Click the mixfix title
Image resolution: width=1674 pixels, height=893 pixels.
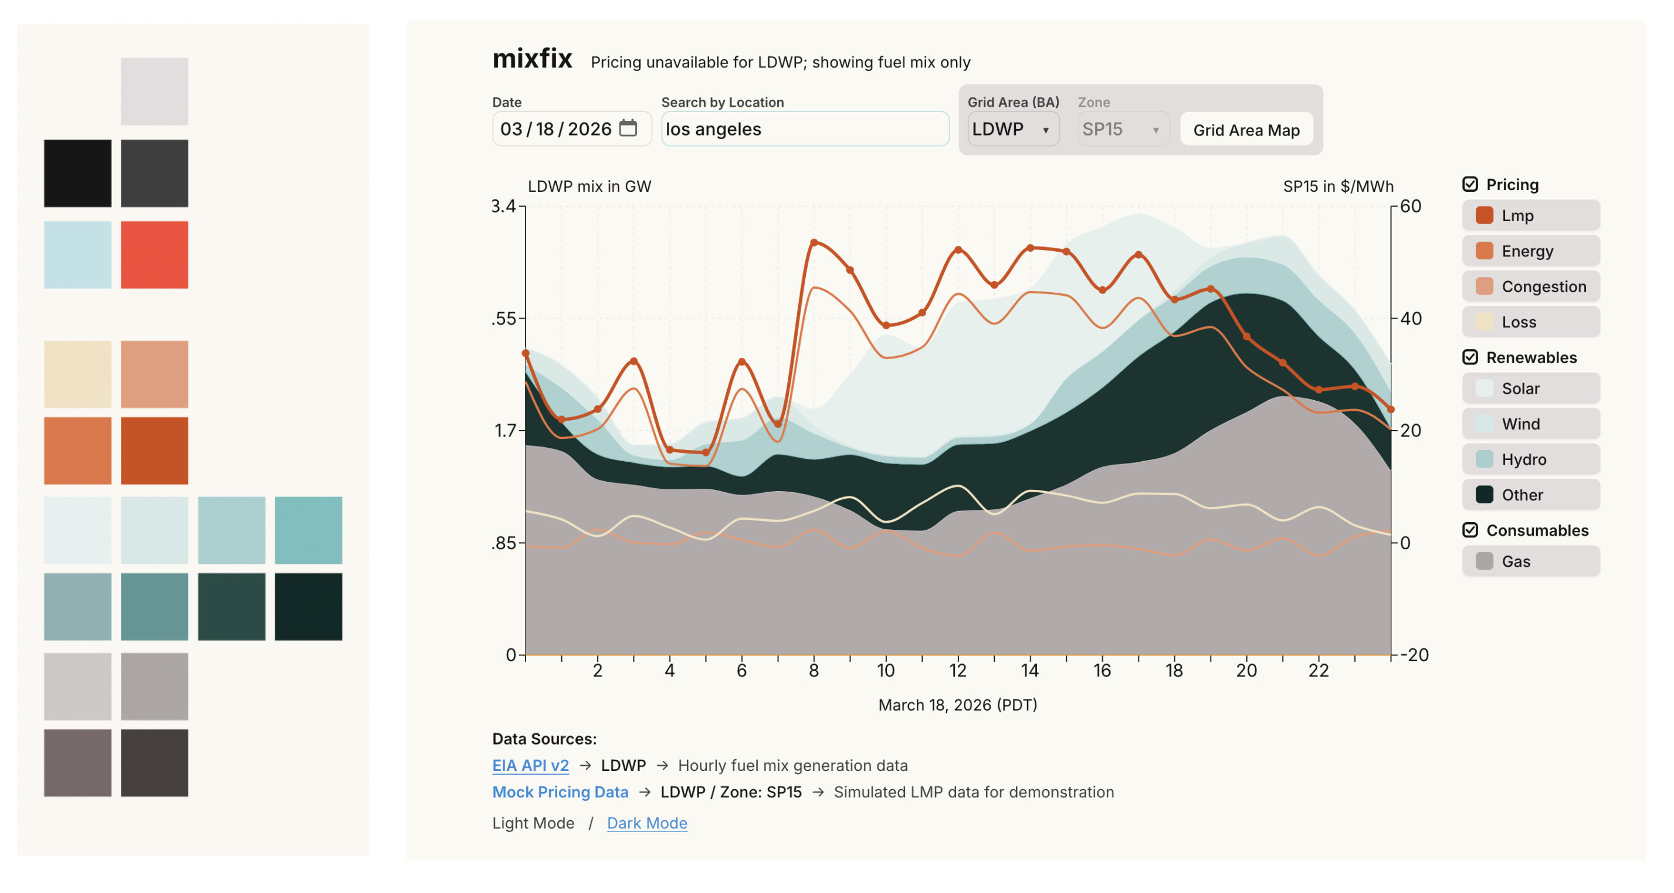(x=532, y=59)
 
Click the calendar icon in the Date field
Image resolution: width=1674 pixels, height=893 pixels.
(x=628, y=128)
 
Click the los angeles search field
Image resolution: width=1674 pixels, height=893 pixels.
(x=805, y=128)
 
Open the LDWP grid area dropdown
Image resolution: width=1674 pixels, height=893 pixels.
(x=1012, y=128)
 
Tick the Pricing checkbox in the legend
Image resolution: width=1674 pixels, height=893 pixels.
(x=1470, y=185)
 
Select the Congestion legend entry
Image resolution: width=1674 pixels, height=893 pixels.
(x=1531, y=287)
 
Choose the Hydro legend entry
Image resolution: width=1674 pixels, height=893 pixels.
(x=1531, y=459)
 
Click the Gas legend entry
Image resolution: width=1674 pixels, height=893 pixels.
(x=1531, y=561)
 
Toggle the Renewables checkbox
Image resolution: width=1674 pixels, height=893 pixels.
(x=1470, y=357)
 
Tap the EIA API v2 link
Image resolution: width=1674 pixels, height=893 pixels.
(x=530, y=766)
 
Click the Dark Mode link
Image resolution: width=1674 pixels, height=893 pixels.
(x=646, y=823)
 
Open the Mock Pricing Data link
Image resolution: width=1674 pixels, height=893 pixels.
(x=560, y=792)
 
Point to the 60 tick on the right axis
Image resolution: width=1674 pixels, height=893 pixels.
(x=1410, y=207)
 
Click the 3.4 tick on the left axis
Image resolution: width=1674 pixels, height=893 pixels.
(x=503, y=207)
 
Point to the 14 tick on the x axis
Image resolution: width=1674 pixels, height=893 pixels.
(x=1030, y=671)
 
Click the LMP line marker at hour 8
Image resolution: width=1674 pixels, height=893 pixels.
(x=814, y=242)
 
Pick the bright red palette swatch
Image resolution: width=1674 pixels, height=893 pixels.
(x=155, y=255)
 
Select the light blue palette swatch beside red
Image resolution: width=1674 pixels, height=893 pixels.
(x=77, y=255)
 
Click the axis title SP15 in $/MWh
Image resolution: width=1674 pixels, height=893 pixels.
(x=1338, y=187)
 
